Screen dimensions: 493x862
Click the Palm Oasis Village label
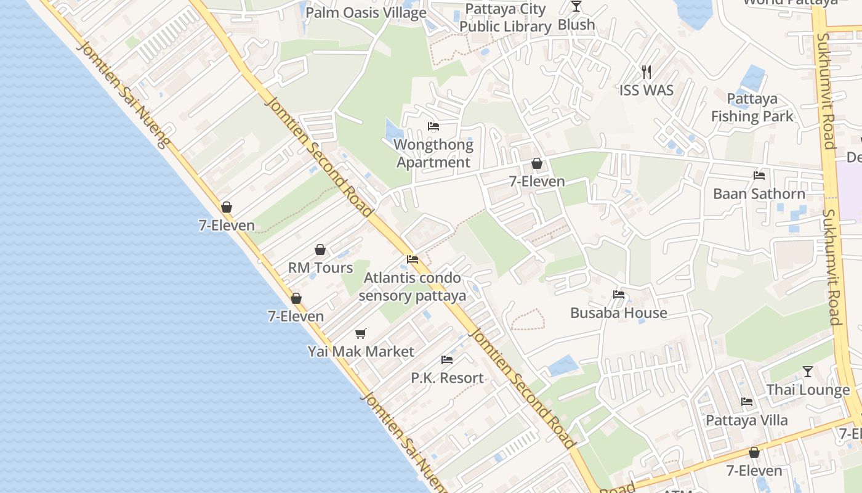coord(366,12)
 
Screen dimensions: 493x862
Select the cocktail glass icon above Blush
coord(576,6)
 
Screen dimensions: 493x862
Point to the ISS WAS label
coord(647,90)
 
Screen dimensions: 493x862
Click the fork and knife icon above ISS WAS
coord(647,72)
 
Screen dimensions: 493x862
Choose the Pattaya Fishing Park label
coord(752,107)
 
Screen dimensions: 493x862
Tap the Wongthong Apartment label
coord(433,153)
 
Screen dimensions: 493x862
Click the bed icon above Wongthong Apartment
coord(433,127)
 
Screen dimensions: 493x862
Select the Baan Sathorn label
coord(759,194)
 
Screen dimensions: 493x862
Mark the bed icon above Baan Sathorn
coord(759,176)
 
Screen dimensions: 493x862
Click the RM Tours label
coord(320,267)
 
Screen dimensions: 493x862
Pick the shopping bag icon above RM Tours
coord(320,250)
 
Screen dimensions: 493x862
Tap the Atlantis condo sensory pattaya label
coord(412,287)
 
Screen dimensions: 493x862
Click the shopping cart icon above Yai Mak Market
coord(361,334)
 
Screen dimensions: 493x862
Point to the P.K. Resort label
coord(447,378)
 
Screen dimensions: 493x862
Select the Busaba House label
coord(618,312)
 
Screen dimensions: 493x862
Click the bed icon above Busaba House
coord(619,295)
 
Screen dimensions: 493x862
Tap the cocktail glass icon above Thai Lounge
coord(808,372)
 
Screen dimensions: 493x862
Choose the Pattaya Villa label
coord(746,420)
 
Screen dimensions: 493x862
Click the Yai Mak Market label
coord(361,351)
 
